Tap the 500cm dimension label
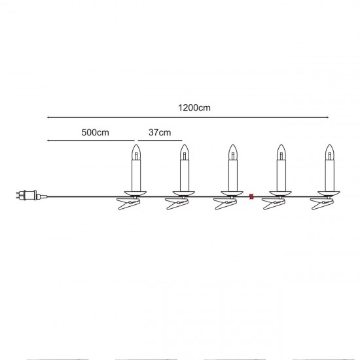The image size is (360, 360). tap(95, 132)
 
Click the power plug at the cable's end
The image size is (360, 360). tap(26, 194)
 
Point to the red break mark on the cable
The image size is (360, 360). tap(251, 195)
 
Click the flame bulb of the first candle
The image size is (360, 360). tap(137, 153)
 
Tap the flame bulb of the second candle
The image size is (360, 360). tap(184, 153)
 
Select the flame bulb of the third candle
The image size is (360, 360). tap(232, 153)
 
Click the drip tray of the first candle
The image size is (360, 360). tap(137, 192)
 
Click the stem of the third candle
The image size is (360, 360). tap(232, 175)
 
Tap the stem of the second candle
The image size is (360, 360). tap(184, 175)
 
